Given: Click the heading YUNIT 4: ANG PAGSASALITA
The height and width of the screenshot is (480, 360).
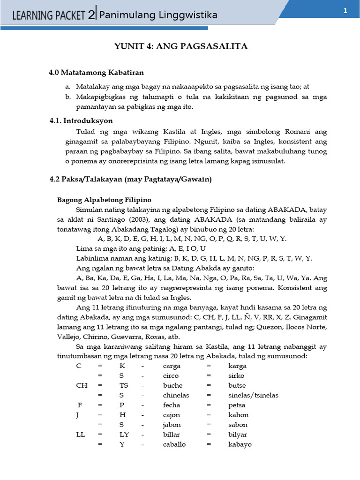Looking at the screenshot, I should [x=181, y=46].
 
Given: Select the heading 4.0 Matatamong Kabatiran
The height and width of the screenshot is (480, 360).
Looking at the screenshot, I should [x=97, y=73].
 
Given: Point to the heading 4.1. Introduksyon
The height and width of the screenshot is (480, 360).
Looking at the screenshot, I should [x=81, y=121].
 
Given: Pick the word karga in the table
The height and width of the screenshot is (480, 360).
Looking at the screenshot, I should [x=237, y=366].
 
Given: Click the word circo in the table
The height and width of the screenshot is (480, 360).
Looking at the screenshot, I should [x=171, y=375].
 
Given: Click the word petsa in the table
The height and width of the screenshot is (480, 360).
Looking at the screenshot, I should [x=237, y=405].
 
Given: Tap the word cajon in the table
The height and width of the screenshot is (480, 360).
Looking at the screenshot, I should [x=172, y=415].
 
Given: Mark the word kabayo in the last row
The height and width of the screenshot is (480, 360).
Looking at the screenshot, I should [x=240, y=444].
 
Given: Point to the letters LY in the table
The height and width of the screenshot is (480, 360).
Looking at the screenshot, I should [x=125, y=434].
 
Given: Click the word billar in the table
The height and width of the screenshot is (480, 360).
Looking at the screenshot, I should [x=172, y=434].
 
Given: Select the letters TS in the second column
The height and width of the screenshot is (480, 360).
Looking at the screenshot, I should [x=124, y=385].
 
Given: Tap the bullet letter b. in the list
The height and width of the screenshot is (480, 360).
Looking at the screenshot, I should [x=68, y=97].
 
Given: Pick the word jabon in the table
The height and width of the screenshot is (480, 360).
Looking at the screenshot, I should [x=172, y=425].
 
